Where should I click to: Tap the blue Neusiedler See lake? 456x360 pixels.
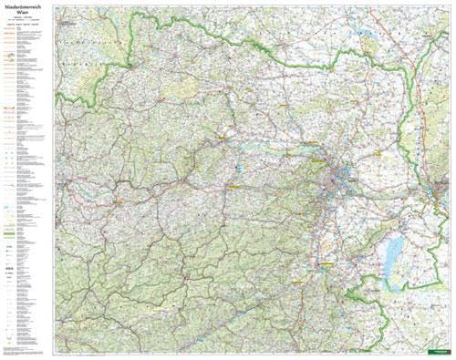coord(394,248)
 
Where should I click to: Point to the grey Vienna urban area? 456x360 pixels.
coord(347,175)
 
